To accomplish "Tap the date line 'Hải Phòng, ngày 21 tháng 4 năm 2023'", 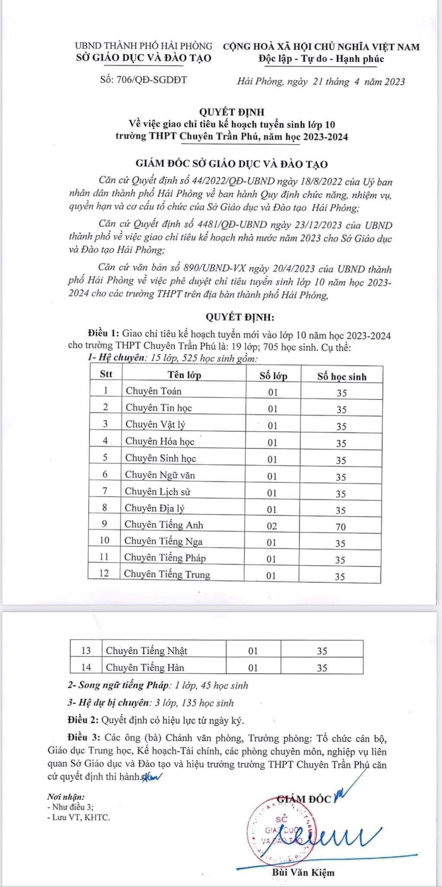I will point(321,81).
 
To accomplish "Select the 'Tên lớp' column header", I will point(185,375).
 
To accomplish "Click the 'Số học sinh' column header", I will point(342,376).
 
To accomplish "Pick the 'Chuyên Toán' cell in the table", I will point(154,391).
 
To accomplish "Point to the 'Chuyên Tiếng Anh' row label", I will point(164,524).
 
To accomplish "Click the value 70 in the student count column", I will point(341,527).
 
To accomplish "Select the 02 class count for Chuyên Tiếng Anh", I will point(272,526).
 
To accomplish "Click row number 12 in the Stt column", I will point(104,573).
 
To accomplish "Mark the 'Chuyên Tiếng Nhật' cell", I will point(147,651).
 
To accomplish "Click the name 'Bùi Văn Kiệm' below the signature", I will point(303,873).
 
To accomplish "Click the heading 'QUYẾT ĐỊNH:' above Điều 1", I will point(240,317).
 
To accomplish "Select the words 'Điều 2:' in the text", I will point(84,721).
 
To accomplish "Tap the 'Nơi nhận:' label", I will point(66,796).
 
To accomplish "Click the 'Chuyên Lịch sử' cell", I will point(157,492).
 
